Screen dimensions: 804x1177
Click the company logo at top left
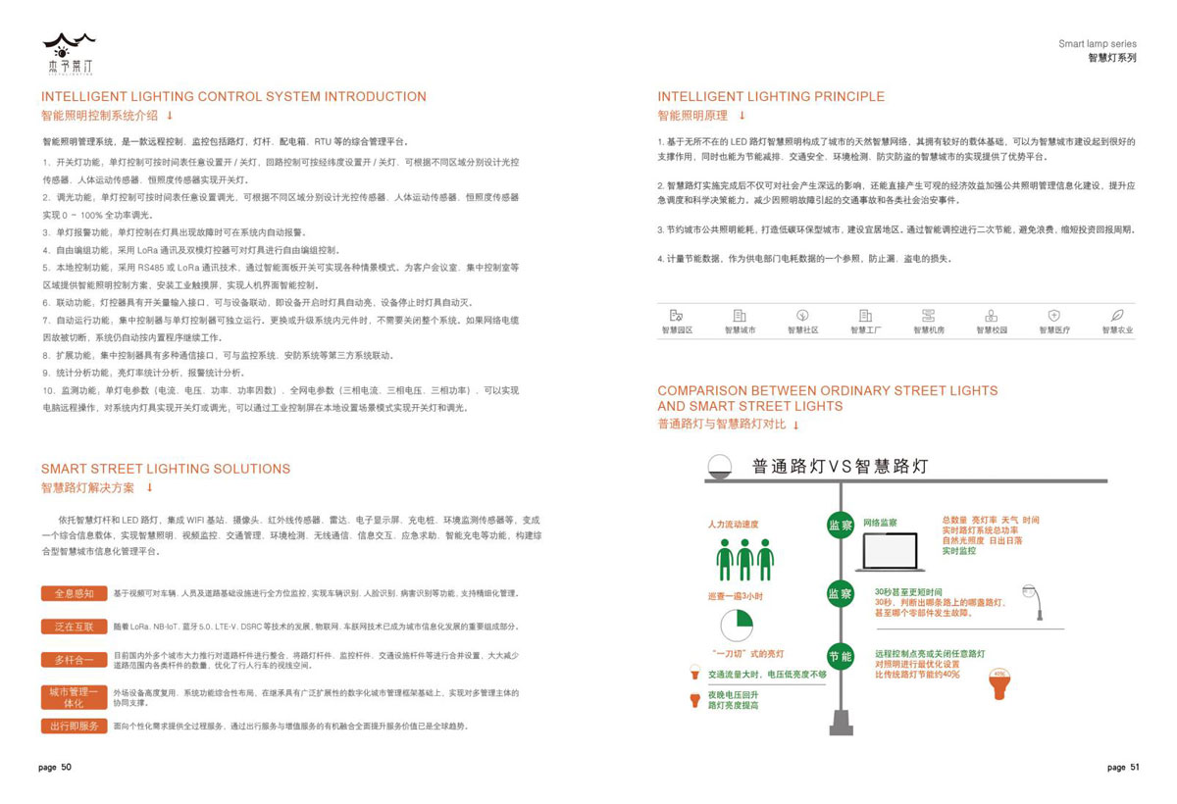pyautogui.click(x=69, y=50)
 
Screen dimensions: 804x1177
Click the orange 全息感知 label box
pyautogui.click(x=74, y=593)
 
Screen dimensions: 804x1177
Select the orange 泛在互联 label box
pyautogui.click(x=74, y=626)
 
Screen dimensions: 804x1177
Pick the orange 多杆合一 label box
pyautogui.click(x=74, y=659)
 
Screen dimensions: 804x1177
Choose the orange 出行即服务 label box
pyautogui.click(x=74, y=726)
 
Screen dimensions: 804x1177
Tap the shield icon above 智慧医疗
pyautogui.click(x=1053, y=316)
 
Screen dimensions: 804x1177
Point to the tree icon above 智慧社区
pyautogui.click(x=802, y=316)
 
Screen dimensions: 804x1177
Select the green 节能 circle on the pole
pyautogui.click(x=840, y=656)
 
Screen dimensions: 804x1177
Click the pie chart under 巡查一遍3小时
pyautogui.click(x=736, y=626)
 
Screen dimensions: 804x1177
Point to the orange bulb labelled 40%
pyautogui.click(x=999, y=683)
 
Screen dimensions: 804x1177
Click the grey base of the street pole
pyautogui.click(x=841, y=724)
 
